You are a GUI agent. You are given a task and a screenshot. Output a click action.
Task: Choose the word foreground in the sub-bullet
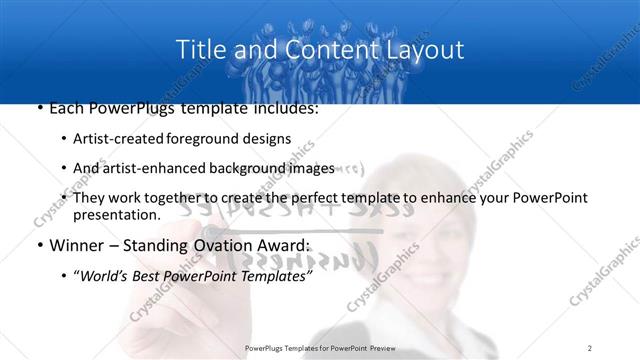point(232,139)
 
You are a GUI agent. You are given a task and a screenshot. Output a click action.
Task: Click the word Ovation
point(236,245)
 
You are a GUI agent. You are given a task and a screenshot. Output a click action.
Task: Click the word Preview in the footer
point(386,348)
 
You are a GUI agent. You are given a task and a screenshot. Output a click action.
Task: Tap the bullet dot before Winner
point(39,245)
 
